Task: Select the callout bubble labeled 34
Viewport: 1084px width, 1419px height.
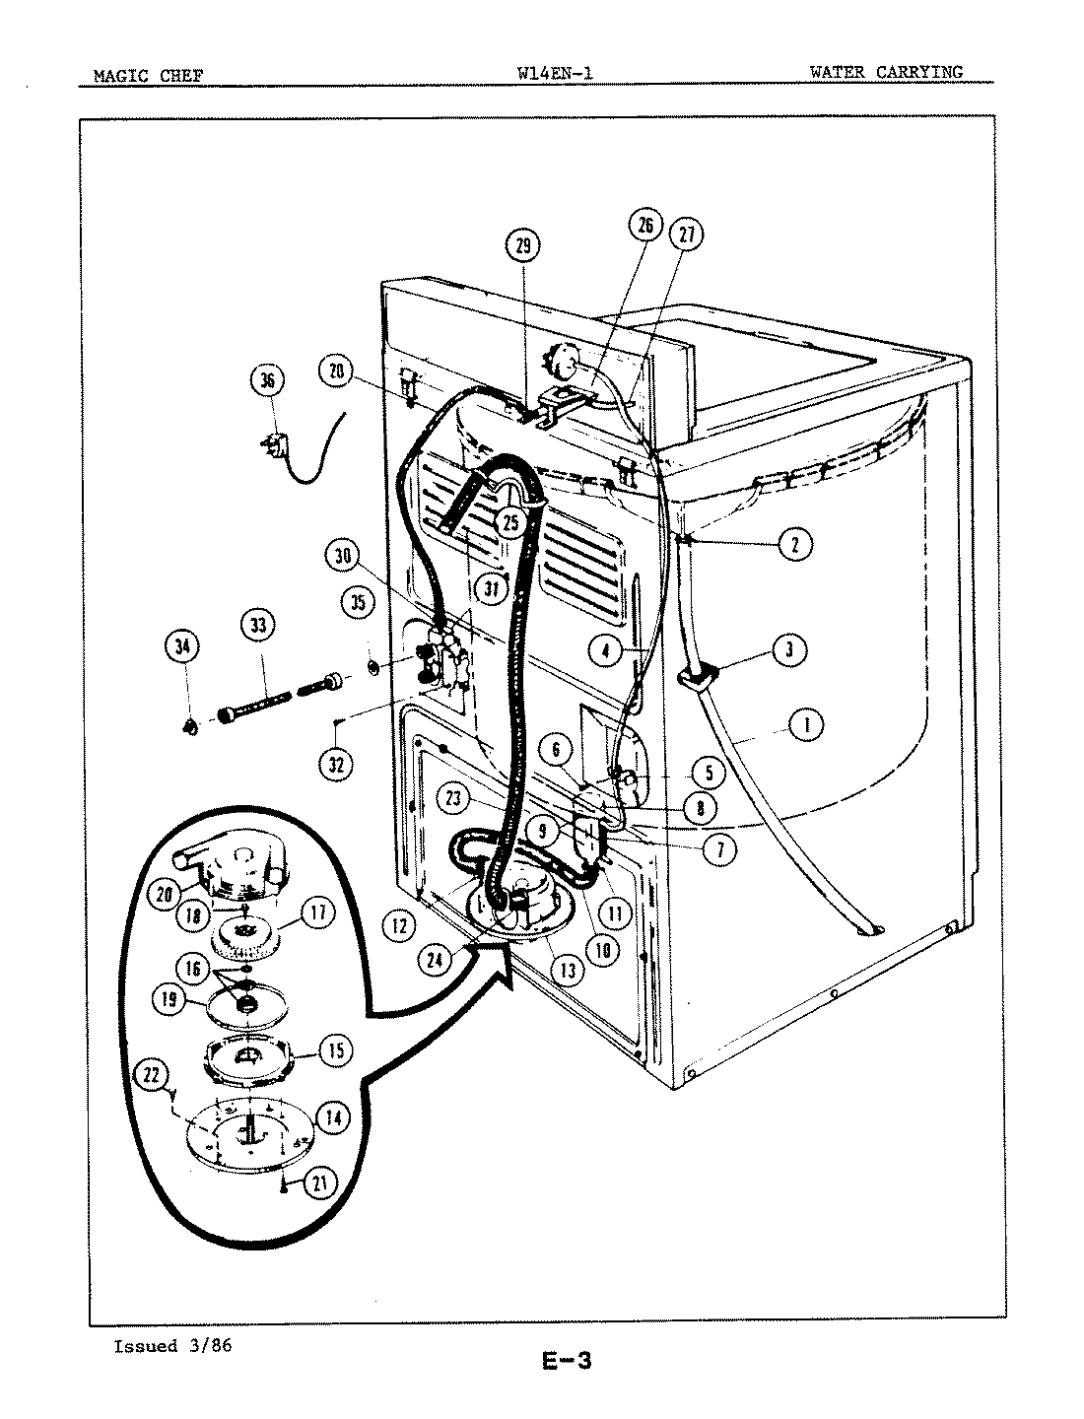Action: coord(181,647)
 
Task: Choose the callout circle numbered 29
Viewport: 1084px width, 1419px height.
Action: coord(523,245)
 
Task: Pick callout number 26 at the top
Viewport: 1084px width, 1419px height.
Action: coord(645,226)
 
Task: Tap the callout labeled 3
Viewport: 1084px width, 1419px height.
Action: coord(789,649)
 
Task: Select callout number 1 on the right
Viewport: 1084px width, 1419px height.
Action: coord(806,726)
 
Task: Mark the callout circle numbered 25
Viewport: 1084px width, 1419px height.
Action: coord(510,522)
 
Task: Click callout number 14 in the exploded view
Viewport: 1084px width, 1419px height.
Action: coord(333,1118)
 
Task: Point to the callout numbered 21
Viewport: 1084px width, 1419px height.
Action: coord(318,1183)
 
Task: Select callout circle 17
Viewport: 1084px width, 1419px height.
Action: coord(317,912)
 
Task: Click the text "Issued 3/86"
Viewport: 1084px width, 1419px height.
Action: coord(172,1346)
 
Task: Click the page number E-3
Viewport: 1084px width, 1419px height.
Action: coord(566,1363)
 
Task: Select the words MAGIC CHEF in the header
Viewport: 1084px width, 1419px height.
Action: coord(148,75)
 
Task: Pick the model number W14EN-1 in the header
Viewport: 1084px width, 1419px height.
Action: coord(554,72)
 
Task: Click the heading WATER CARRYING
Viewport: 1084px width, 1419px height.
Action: coord(885,71)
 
